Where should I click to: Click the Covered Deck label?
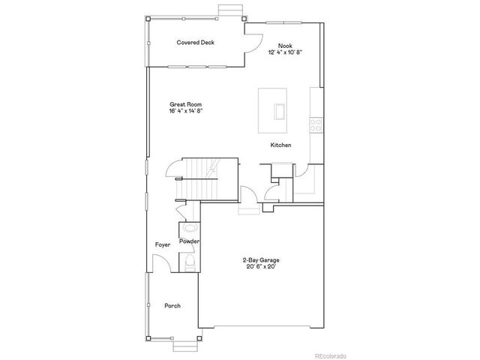(195, 43)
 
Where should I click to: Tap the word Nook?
(284, 45)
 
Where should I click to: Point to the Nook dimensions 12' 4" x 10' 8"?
(284, 52)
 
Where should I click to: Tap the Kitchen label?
(281, 145)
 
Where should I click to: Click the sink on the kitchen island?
(279, 111)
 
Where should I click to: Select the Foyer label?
(163, 244)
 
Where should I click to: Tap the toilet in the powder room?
(190, 262)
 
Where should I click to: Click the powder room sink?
(188, 227)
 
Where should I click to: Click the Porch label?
(172, 306)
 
